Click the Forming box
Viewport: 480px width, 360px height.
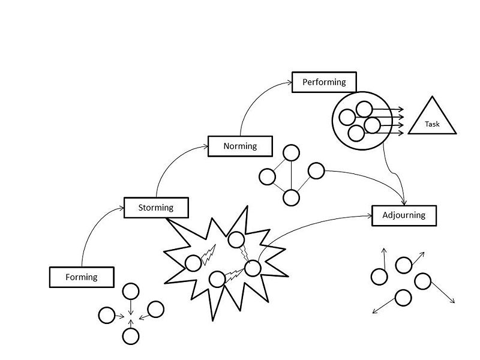pyautogui.click(x=82, y=277)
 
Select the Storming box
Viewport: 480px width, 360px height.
pyautogui.click(x=156, y=208)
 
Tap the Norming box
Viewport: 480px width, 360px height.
pyautogui.click(x=241, y=146)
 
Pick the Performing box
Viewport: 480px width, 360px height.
pyautogui.click(x=324, y=82)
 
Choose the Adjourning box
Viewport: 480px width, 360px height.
pyautogui.click(x=404, y=215)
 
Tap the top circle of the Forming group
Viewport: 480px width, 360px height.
pyautogui.click(x=131, y=291)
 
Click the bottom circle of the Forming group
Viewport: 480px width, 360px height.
pyautogui.click(x=131, y=336)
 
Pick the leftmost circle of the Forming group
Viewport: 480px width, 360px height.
pyautogui.click(x=107, y=316)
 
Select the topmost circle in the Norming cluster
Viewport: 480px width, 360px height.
pyautogui.click(x=291, y=153)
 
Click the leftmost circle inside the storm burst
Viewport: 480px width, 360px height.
pyautogui.click(x=193, y=263)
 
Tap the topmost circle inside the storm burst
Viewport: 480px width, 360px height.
pyautogui.click(x=236, y=239)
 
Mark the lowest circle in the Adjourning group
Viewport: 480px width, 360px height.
pyautogui.click(x=403, y=298)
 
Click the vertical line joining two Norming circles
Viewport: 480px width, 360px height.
pyautogui.click(x=291, y=175)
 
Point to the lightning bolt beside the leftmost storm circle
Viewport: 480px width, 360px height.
pyautogui.click(x=208, y=254)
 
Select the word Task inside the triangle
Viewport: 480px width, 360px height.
pyautogui.click(x=432, y=124)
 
